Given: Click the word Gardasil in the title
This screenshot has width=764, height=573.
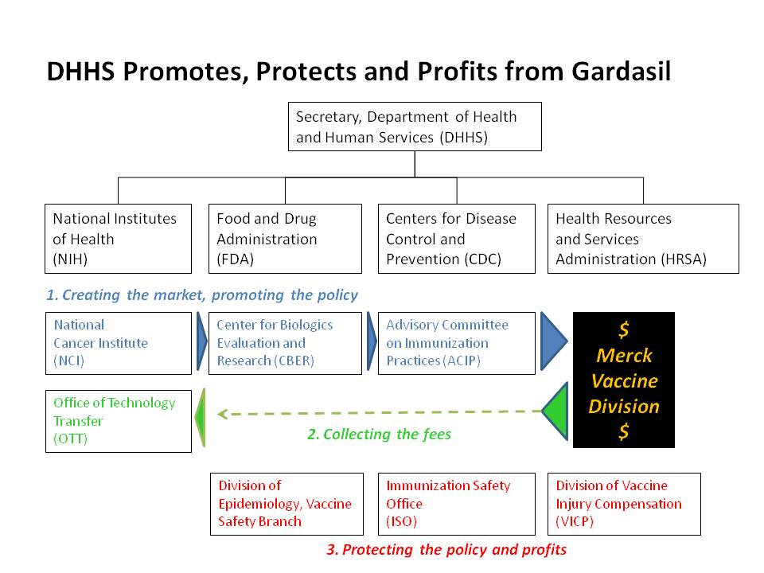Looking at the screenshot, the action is [622, 71].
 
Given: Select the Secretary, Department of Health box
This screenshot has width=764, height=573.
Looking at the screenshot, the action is [415, 127].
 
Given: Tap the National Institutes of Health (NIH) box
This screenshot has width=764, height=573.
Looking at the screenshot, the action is [118, 239].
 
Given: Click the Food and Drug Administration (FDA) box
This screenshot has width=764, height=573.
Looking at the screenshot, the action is [285, 239].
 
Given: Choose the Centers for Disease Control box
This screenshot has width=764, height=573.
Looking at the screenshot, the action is [457, 239].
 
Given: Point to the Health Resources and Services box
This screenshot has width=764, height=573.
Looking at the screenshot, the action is [643, 239].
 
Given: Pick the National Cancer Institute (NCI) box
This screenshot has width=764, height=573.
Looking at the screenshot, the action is [119, 343].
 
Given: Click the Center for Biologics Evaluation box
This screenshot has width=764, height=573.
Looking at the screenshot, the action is [285, 343].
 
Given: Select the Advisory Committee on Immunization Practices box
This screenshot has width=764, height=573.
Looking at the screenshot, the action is [457, 343].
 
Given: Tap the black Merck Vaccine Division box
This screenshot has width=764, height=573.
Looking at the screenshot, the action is [624, 380].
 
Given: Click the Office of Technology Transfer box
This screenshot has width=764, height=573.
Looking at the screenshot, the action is [119, 421].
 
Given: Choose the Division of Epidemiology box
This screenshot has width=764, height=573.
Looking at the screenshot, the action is [286, 504].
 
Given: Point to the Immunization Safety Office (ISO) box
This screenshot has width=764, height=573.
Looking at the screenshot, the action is [457, 504].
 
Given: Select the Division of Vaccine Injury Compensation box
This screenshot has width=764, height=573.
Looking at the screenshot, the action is [624, 504].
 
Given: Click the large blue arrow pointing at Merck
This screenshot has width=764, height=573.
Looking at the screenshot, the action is [552, 341].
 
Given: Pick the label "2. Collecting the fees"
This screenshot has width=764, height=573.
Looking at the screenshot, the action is [379, 434].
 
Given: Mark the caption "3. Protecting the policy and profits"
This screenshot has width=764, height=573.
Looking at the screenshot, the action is [446, 550].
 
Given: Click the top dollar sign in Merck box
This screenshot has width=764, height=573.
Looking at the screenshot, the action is [624, 329].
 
